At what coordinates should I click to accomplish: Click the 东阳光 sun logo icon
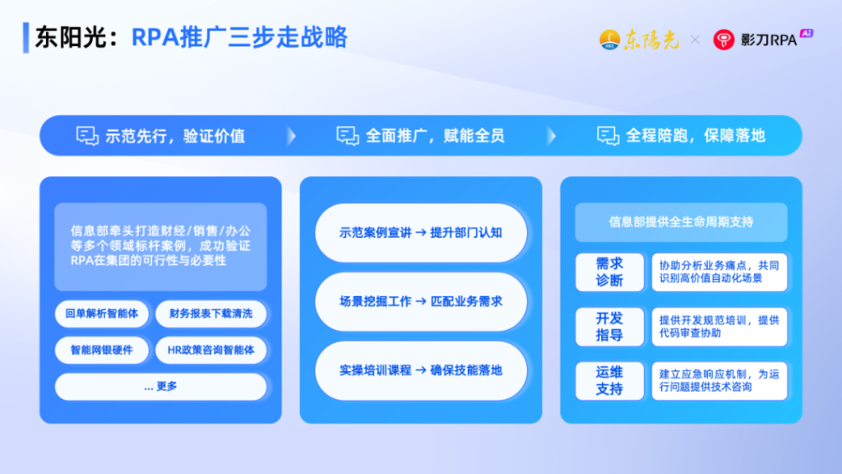pyautogui.click(x=609, y=39)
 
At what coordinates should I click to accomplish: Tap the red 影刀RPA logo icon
pyautogui.click(x=724, y=39)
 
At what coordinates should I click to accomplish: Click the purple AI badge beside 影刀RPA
pyautogui.click(x=807, y=34)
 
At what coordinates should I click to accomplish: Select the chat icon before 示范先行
pyautogui.click(x=87, y=136)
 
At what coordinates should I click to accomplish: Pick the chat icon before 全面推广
pyautogui.click(x=348, y=136)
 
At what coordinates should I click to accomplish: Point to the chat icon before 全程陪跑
pyautogui.click(x=608, y=136)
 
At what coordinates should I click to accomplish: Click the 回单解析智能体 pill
pyautogui.click(x=102, y=314)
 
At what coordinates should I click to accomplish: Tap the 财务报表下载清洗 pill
pyautogui.click(x=211, y=314)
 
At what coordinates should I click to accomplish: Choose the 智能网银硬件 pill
pyautogui.click(x=102, y=350)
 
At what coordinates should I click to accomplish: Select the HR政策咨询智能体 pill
pyautogui.click(x=211, y=350)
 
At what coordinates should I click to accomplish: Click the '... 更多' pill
pyautogui.click(x=160, y=386)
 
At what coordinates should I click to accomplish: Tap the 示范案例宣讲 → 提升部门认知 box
pyautogui.click(x=421, y=232)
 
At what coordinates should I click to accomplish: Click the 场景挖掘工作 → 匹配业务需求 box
pyautogui.click(x=421, y=301)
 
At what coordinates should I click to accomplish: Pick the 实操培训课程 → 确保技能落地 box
pyautogui.click(x=421, y=370)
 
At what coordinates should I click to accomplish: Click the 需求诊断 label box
pyautogui.click(x=609, y=272)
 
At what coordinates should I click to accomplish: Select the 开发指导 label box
pyautogui.click(x=609, y=327)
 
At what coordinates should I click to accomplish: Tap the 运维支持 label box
pyautogui.click(x=609, y=381)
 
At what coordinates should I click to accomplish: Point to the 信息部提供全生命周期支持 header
pyautogui.click(x=681, y=222)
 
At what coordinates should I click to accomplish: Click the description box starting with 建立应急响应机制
pyautogui.click(x=719, y=381)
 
